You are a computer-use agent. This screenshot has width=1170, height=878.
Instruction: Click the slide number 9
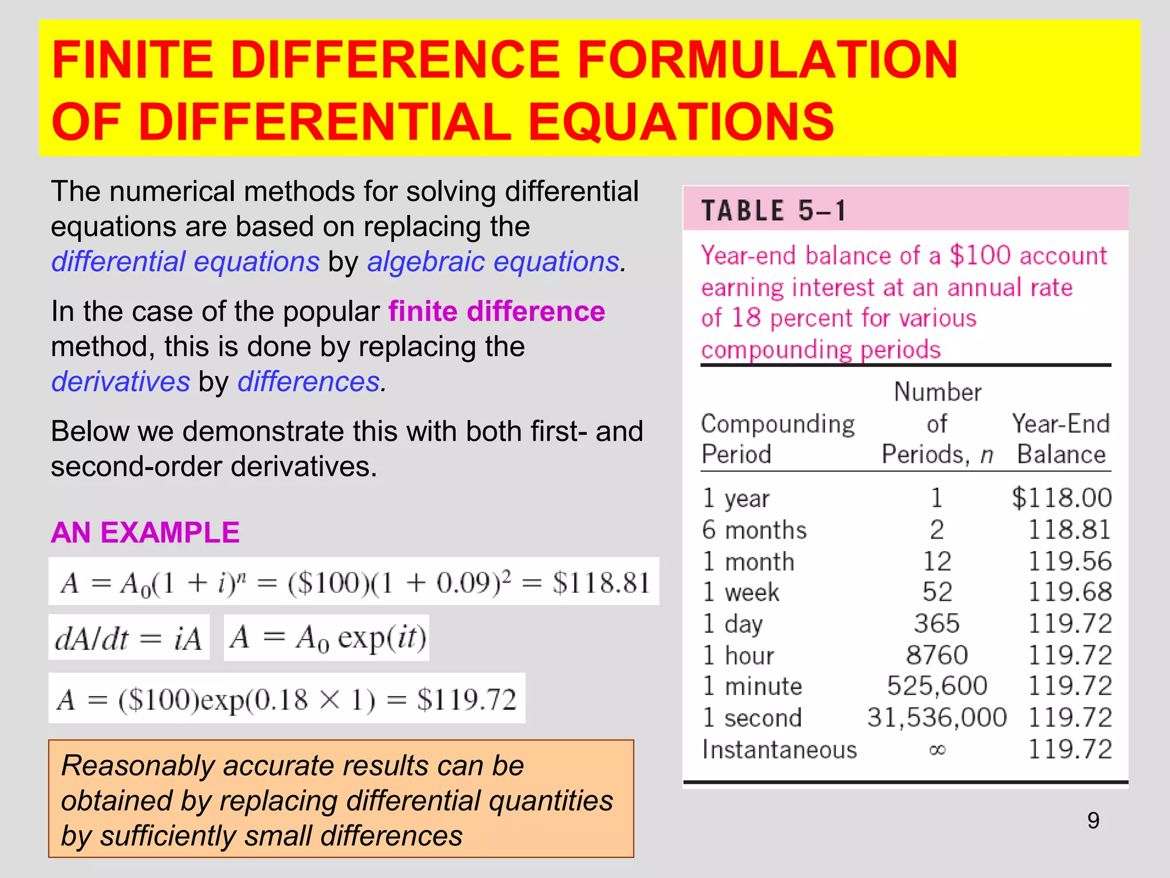click(x=1093, y=820)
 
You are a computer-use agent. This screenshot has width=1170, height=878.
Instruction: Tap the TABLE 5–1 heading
click(x=774, y=210)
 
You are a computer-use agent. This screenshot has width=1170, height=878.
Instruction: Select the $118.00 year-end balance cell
click(x=1061, y=498)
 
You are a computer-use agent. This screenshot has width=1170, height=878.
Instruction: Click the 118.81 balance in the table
click(x=1069, y=530)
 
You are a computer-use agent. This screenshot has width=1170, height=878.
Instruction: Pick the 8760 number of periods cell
click(x=936, y=655)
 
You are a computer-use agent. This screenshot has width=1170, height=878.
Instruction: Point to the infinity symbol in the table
click(x=937, y=749)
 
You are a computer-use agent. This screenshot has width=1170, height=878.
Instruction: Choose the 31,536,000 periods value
click(x=936, y=717)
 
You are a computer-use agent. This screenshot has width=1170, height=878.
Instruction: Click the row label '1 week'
click(x=740, y=592)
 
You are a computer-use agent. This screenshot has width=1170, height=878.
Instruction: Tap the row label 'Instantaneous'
click(x=779, y=749)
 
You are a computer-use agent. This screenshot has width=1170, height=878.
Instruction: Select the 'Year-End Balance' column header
click(x=1061, y=439)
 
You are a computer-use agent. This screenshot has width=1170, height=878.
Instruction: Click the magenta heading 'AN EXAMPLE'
click(x=145, y=532)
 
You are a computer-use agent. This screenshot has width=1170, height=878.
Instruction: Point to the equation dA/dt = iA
click(x=129, y=638)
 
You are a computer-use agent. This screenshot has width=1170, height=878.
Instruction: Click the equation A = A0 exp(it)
click(x=327, y=638)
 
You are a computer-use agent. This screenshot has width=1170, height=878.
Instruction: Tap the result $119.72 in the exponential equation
click(x=466, y=699)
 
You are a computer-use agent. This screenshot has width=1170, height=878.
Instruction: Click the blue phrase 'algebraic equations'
click(x=493, y=262)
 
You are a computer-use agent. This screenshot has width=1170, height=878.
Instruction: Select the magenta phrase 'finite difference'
click(x=496, y=312)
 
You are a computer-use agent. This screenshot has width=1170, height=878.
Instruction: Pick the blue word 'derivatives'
click(x=121, y=381)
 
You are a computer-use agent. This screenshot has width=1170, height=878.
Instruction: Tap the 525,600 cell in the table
click(x=936, y=686)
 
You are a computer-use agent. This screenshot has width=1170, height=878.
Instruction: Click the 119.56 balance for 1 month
click(x=1069, y=561)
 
